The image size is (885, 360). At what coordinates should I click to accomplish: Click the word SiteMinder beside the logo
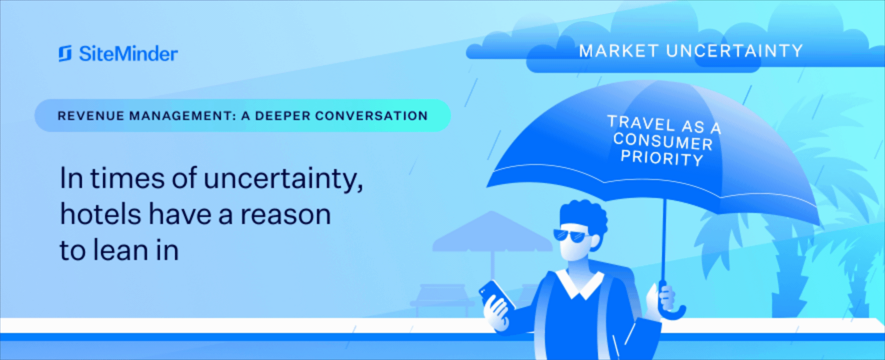point(128,54)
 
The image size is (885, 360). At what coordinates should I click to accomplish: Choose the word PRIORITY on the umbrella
point(661,157)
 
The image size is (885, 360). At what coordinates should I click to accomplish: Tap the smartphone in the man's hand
point(497,295)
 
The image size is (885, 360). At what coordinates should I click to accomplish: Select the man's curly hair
point(584,217)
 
